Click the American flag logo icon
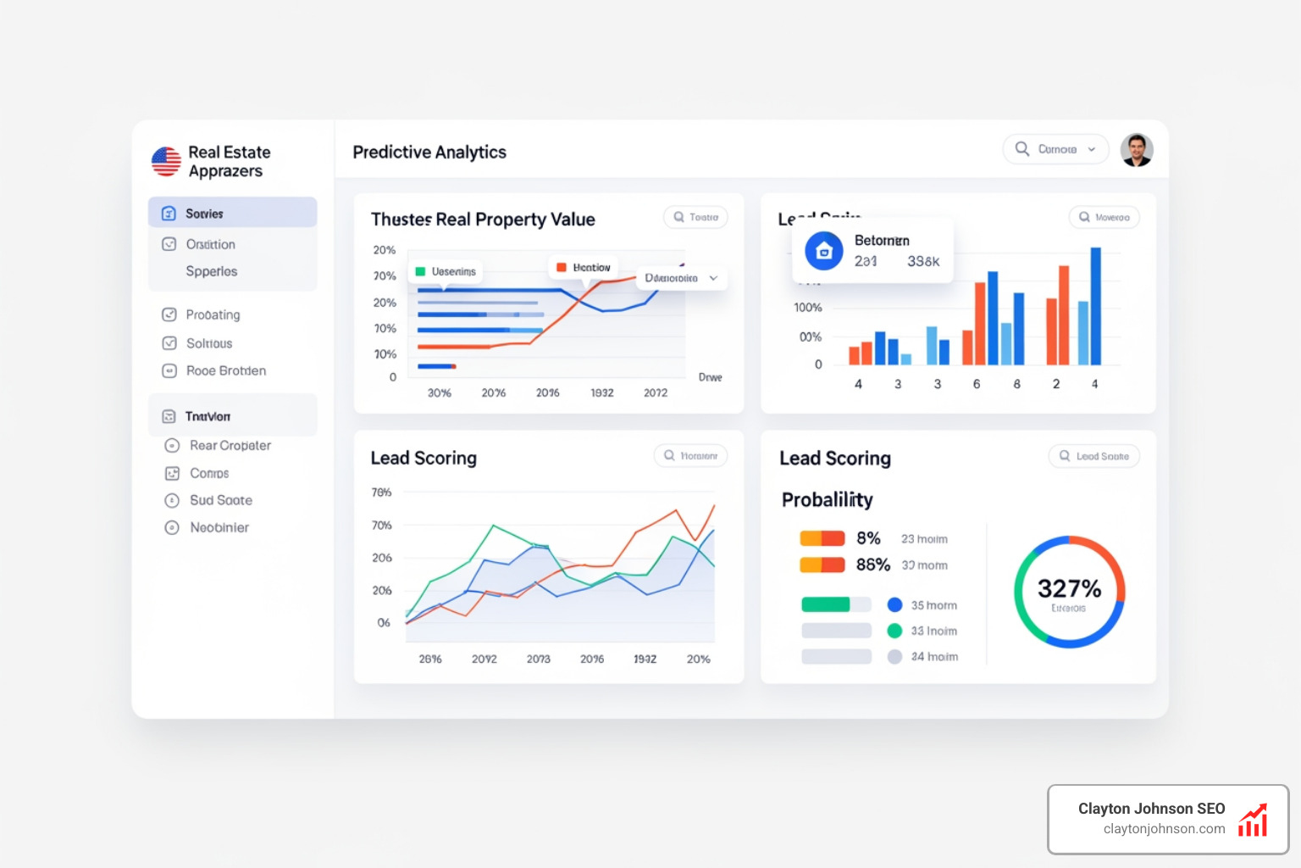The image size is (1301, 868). point(166,161)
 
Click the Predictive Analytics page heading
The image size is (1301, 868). point(429,153)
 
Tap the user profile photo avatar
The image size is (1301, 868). point(1136,150)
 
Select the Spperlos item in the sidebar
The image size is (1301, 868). point(212,271)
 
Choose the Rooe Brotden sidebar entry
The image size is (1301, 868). point(225,370)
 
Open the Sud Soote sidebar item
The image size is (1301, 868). point(220,500)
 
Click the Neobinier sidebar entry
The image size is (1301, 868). point(219,527)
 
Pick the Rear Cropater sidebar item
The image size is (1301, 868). point(230,445)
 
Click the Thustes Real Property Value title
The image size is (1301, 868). point(483,220)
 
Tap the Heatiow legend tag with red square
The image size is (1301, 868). point(584,268)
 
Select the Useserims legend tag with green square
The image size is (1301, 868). point(446,271)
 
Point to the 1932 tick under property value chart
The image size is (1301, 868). point(602,392)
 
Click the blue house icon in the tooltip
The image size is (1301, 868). point(823,251)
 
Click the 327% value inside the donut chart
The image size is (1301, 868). point(1069,588)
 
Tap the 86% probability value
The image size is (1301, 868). point(872,565)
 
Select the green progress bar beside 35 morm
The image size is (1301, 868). point(826,604)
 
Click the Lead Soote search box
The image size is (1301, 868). point(1094,456)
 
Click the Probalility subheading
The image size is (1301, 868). point(827,500)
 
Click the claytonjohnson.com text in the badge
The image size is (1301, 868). point(1164,829)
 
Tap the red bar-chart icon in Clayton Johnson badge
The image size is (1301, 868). point(1253,821)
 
